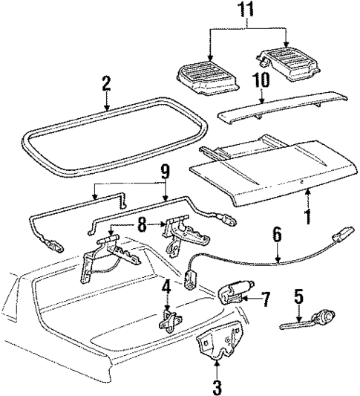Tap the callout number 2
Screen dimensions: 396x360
(x=106, y=83)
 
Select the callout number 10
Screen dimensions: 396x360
(x=261, y=80)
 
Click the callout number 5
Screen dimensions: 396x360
(x=298, y=297)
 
